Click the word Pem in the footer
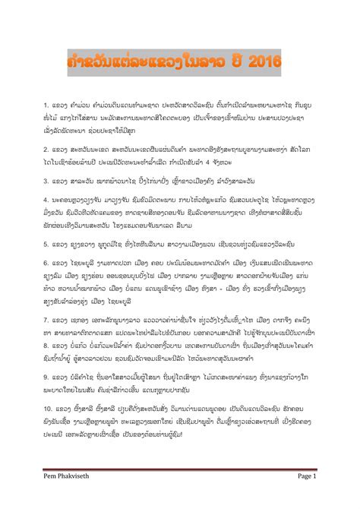pyautogui.click(x=49, y=497)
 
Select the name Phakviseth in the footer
pyautogui.click(x=81, y=497)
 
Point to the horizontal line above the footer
pyautogui.click(x=179, y=488)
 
